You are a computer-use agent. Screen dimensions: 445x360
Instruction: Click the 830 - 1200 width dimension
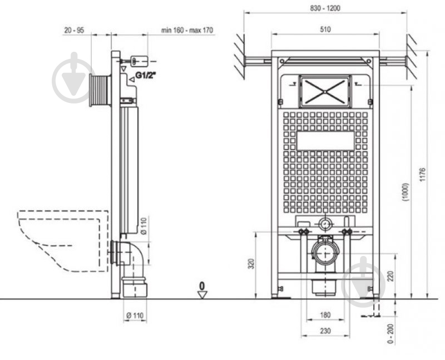[325, 8]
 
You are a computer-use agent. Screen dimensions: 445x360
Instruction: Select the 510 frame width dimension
[325, 29]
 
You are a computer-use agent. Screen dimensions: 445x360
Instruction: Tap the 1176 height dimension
[423, 175]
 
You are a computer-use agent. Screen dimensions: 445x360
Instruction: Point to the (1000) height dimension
[406, 192]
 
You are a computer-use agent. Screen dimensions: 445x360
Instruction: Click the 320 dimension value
[251, 264]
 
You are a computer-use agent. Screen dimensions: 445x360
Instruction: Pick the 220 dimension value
[390, 276]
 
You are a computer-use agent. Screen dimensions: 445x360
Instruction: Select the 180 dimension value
[325, 315]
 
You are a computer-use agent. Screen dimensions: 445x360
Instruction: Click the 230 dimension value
[325, 331]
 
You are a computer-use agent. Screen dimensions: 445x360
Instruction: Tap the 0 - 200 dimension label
[390, 334]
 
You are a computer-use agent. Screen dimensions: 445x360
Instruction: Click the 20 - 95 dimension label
[74, 30]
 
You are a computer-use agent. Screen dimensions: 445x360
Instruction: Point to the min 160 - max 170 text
[187, 30]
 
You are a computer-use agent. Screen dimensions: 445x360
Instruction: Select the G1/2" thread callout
[146, 75]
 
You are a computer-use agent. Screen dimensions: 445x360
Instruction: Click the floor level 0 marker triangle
[202, 295]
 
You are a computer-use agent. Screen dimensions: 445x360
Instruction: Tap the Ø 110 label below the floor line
[135, 315]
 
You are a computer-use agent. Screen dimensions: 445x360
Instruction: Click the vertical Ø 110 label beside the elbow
[144, 226]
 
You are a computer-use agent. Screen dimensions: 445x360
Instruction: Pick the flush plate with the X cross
[325, 91]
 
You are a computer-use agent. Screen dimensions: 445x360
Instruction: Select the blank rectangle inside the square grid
[325, 141]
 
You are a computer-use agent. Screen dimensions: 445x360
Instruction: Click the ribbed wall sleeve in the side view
[100, 90]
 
